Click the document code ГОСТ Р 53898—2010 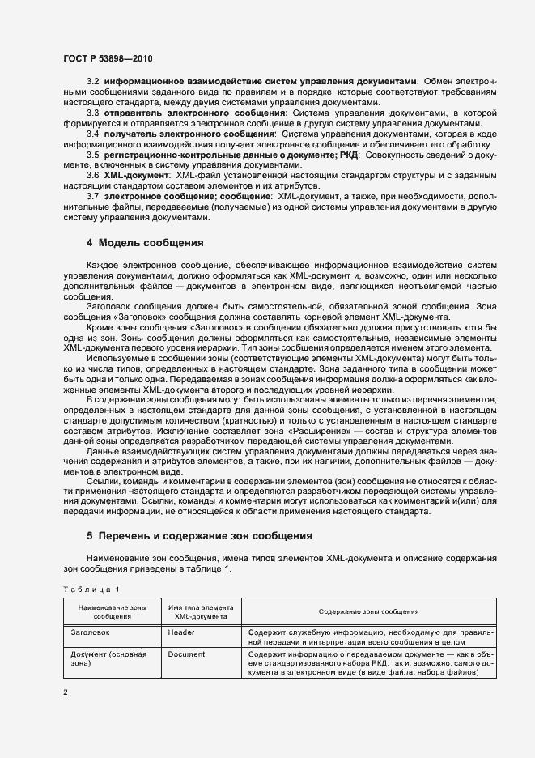point(108,58)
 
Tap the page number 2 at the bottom point(66,692)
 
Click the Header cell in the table point(181,631)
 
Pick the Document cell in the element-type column point(186,654)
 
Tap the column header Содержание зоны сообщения point(368,611)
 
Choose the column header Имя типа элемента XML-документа point(201,611)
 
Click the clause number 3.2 point(91,82)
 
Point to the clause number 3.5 point(91,154)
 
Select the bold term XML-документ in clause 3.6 point(136,175)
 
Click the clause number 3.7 point(91,196)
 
